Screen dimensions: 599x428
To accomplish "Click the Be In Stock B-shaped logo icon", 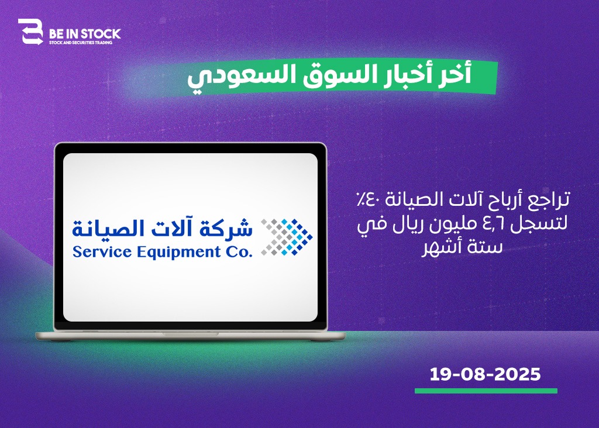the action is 30,32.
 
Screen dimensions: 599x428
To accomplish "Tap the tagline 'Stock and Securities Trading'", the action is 81,43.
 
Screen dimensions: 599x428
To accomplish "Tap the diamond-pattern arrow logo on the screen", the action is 286,237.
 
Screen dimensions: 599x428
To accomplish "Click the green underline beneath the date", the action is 486,391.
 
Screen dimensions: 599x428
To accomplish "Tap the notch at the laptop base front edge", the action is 191,334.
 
